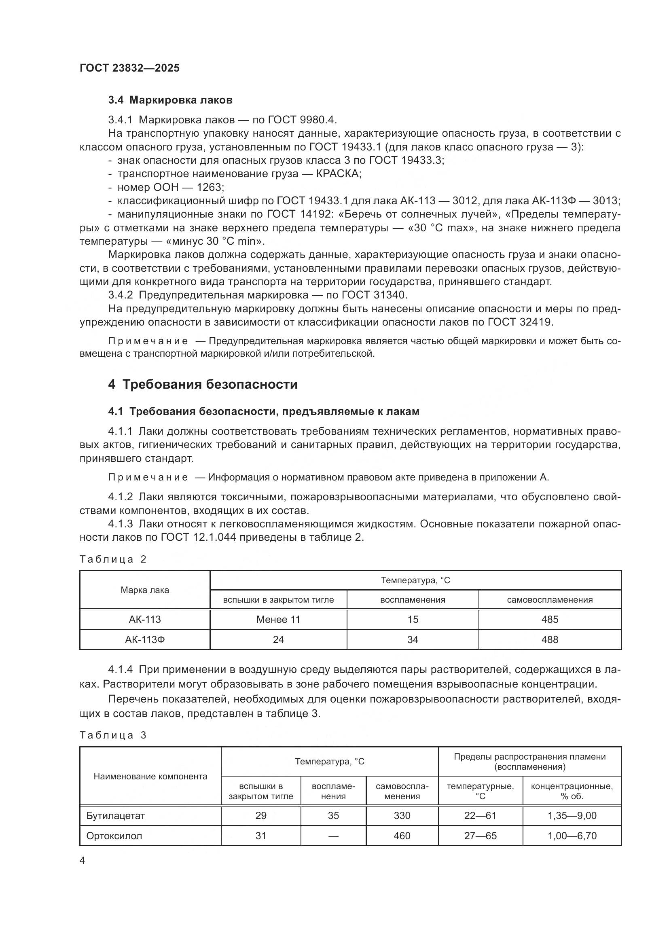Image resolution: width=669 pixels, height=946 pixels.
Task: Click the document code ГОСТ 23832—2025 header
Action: [130, 68]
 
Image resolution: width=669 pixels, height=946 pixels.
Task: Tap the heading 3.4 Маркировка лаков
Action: [170, 100]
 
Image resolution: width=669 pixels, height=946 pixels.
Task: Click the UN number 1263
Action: [209, 188]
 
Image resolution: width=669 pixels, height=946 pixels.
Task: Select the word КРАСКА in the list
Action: [338, 174]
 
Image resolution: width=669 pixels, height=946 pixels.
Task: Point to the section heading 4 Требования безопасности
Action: [203, 384]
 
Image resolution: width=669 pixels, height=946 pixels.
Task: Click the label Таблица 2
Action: [113, 559]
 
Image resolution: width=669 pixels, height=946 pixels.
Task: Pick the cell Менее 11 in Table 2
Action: [278, 619]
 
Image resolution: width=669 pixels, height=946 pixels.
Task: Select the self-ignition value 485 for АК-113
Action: [550, 619]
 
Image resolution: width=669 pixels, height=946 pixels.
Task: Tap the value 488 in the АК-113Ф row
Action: [550, 639]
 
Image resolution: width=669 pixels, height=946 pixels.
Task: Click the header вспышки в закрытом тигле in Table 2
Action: [278, 600]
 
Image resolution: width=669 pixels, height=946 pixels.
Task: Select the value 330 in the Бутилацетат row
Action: [402, 815]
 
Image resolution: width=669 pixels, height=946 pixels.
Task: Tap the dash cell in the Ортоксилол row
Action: [333, 836]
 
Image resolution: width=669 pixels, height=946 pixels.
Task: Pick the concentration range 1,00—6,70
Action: [572, 836]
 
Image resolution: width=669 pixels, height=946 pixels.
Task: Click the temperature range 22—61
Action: [481, 815]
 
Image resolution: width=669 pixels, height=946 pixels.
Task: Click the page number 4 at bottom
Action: [82, 861]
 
